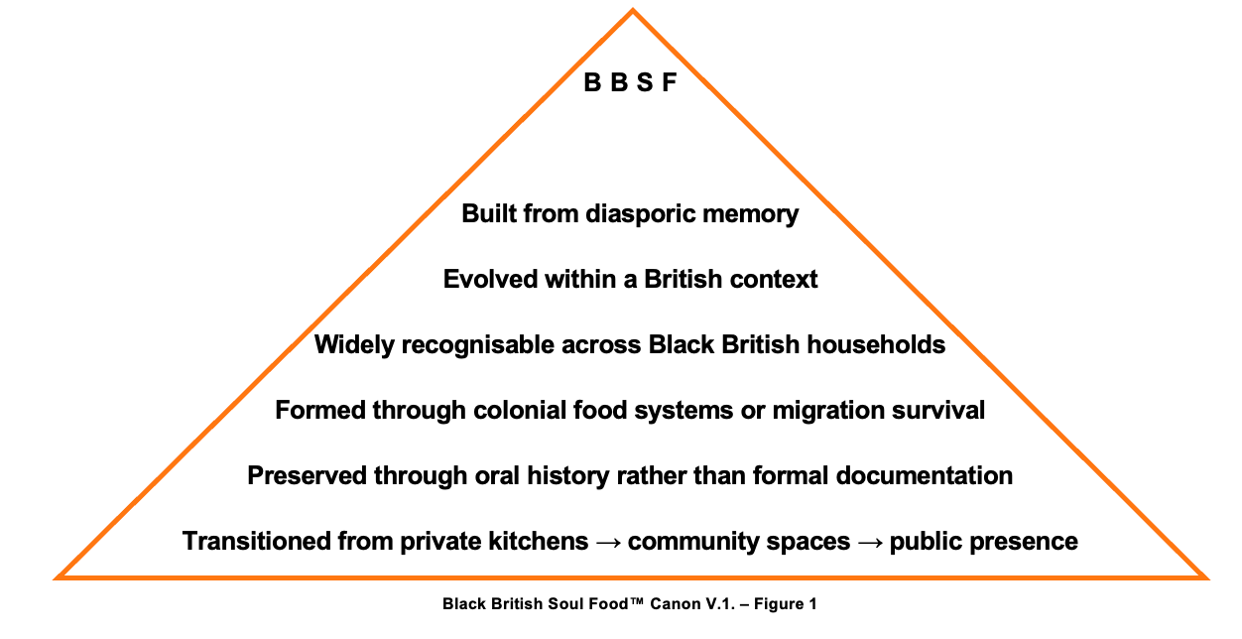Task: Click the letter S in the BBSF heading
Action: point(645,83)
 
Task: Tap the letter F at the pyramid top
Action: point(670,83)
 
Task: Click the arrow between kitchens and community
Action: point(608,542)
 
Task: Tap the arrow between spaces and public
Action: point(870,542)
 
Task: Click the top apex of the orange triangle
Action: point(633,11)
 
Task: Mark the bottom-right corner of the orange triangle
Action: point(1204,576)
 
